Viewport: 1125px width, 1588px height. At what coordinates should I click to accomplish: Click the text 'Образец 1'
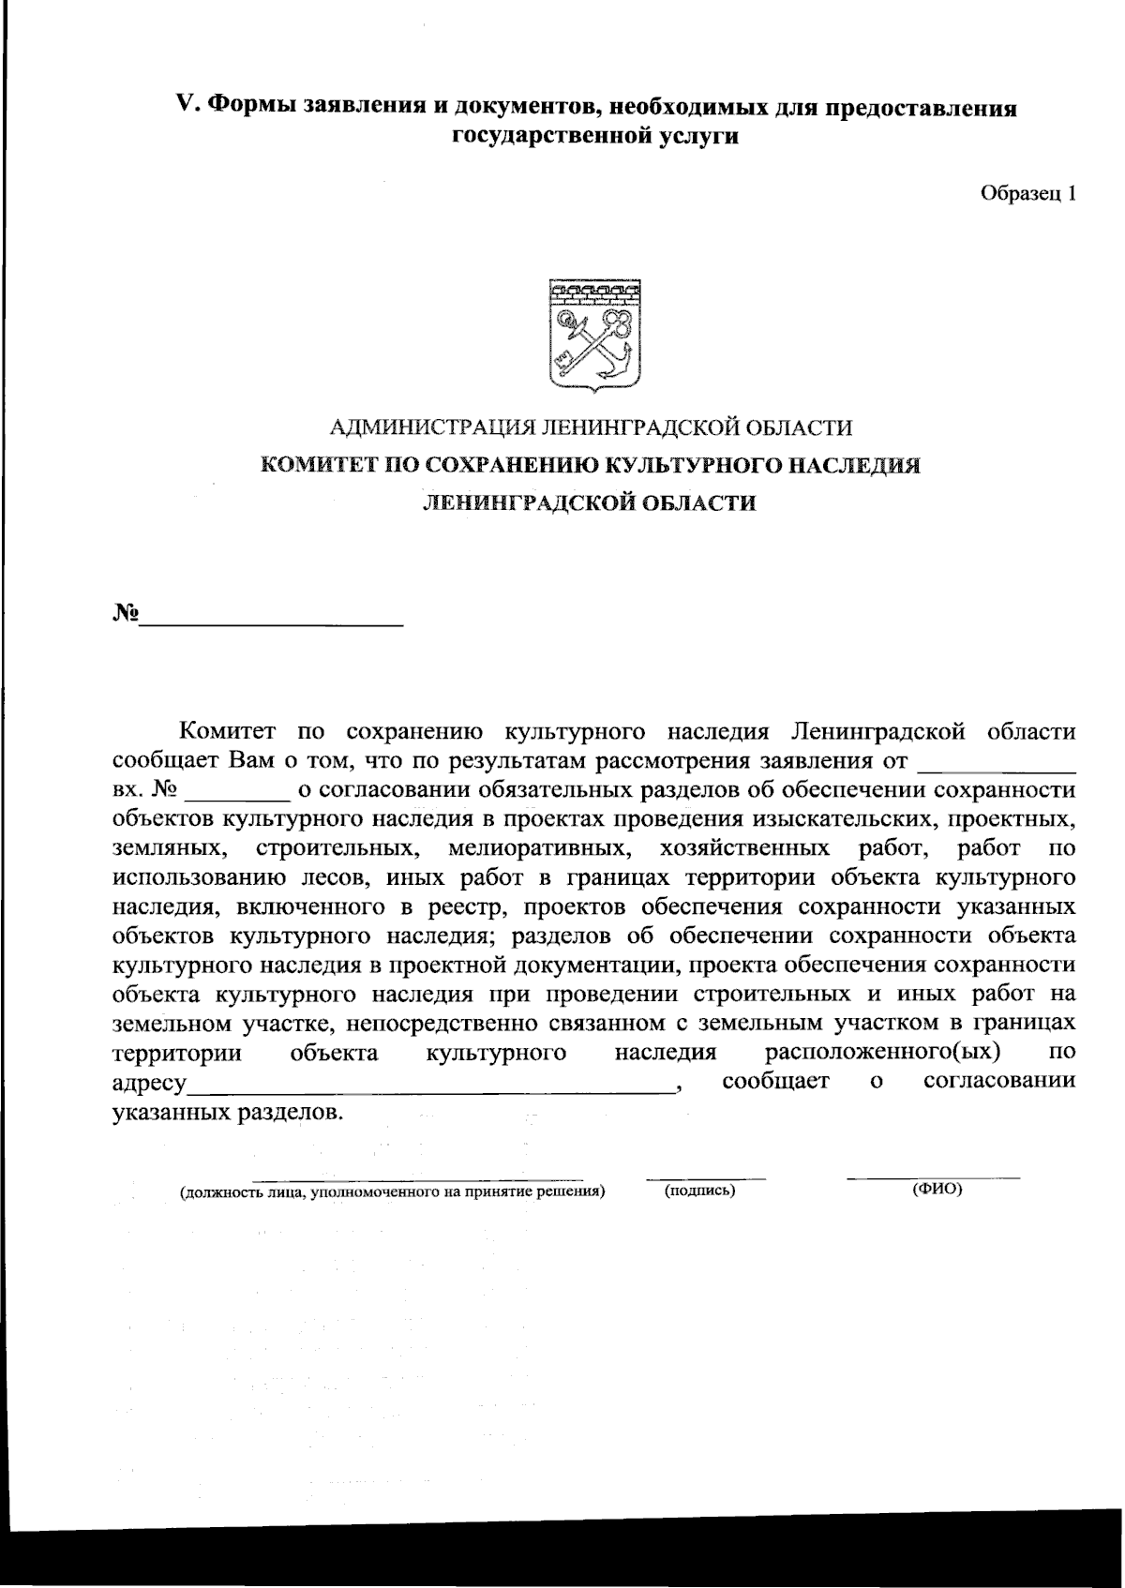[x=1027, y=194]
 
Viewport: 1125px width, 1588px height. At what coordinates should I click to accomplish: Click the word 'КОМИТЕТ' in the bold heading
[x=309, y=466]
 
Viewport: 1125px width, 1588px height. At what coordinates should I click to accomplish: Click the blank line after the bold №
[x=272, y=622]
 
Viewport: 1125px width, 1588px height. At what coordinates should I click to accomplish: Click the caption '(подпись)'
[x=699, y=1191]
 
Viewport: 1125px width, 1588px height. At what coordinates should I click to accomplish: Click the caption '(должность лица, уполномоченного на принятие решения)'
[x=392, y=1192]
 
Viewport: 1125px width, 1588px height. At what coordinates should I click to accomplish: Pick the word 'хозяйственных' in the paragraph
[x=744, y=849]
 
